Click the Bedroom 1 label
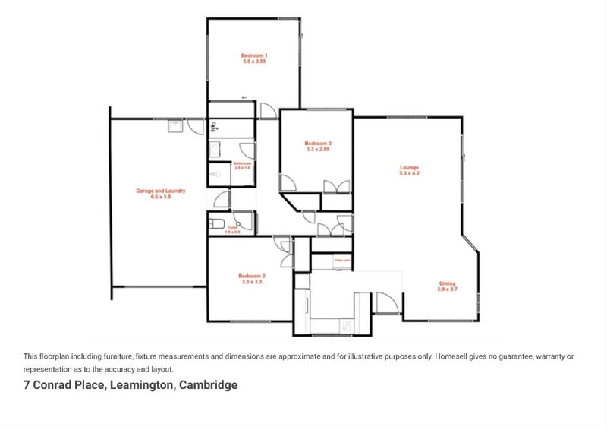point(254,55)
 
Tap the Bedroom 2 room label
point(252,276)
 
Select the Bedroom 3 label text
point(318,144)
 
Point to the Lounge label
point(410,168)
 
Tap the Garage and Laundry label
point(161,191)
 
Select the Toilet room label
point(222,229)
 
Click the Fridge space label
point(341,259)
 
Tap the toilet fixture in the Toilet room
point(215,223)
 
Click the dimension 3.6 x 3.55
point(254,61)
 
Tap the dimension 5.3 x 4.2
point(410,173)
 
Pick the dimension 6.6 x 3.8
point(161,196)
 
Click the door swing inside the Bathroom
point(245,150)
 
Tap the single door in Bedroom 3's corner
point(288,182)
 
